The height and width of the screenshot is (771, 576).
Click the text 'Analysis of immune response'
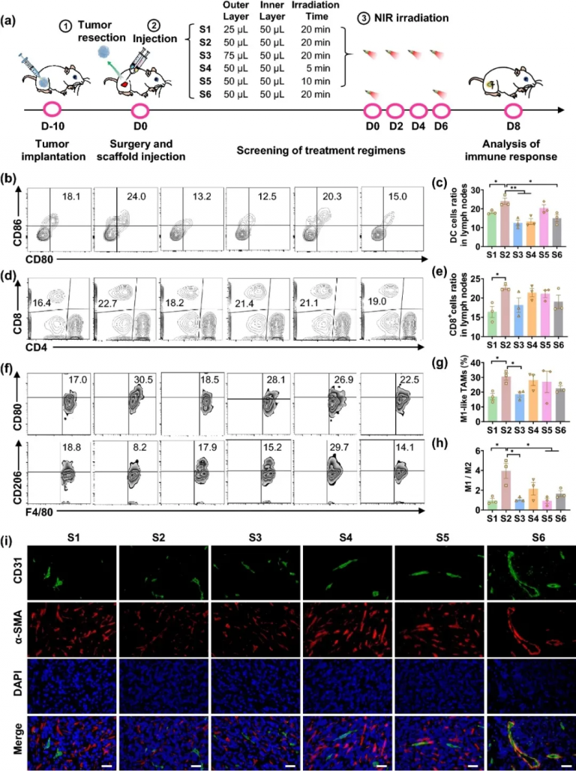[514, 150]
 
